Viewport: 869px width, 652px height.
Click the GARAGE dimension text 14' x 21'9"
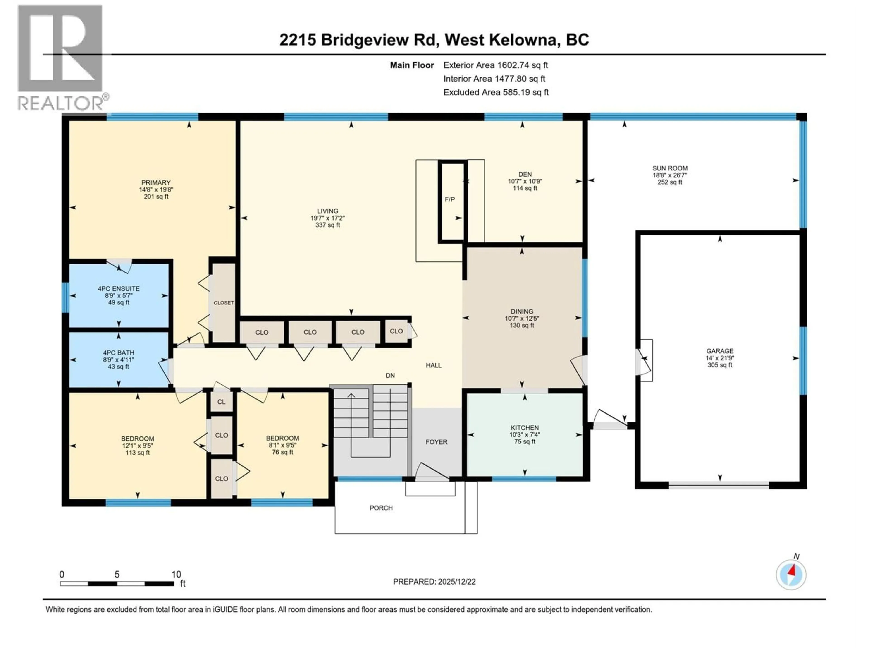(720, 358)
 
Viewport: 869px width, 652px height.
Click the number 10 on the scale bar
(176, 574)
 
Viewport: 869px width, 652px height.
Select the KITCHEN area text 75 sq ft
(525, 441)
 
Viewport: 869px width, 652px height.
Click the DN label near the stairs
(390, 375)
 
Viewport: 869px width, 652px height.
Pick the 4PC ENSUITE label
(119, 288)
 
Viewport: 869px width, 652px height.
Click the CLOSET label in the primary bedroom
(224, 303)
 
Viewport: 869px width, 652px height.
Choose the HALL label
(434, 365)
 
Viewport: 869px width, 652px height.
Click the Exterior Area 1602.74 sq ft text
(495, 65)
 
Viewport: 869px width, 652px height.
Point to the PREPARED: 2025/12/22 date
(434, 582)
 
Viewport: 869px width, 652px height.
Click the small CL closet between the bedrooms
(221, 402)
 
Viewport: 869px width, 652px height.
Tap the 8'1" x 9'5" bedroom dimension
(282, 445)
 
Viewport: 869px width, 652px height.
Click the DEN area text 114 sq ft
(525, 188)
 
